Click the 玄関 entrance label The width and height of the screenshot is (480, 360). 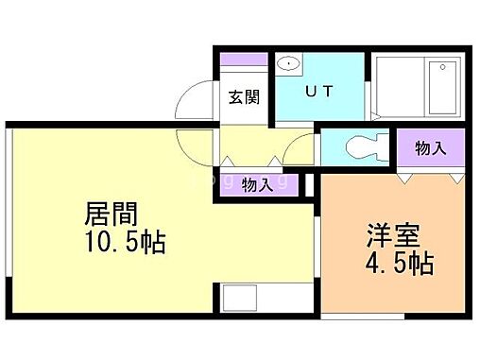(244, 96)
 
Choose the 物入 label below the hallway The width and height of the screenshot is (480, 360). (256, 183)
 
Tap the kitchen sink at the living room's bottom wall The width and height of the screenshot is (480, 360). (240, 299)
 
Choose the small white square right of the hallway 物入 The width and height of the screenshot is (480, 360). (308, 184)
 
